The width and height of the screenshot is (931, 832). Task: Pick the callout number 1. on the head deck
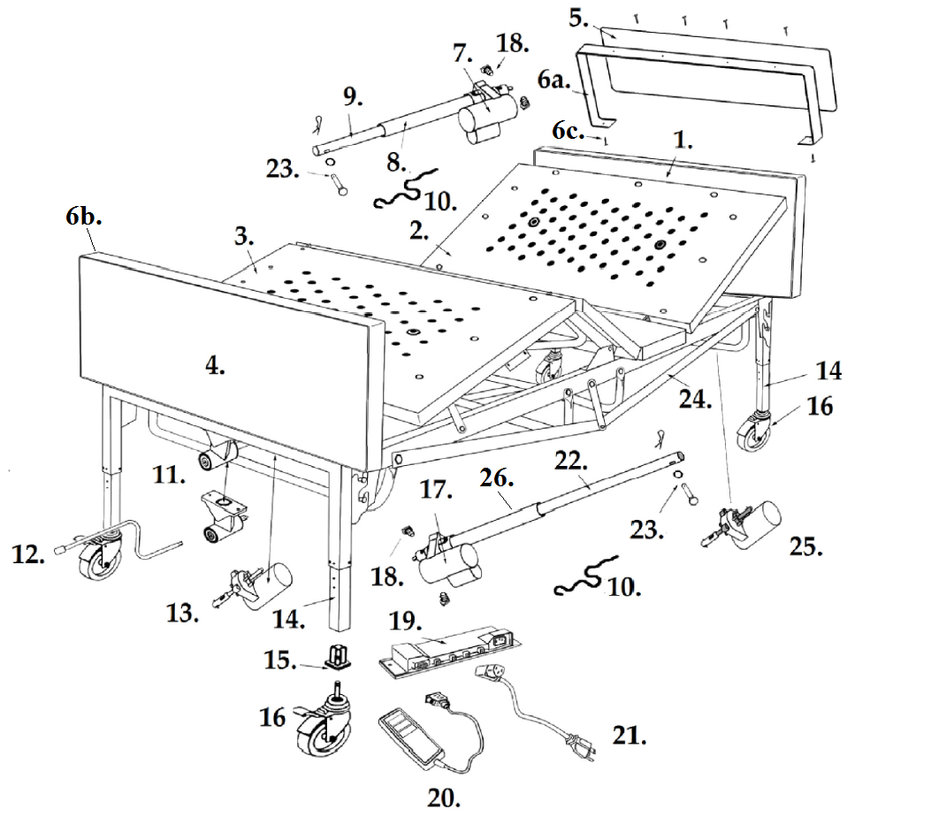[683, 141]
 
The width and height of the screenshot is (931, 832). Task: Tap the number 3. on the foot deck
[245, 239]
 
